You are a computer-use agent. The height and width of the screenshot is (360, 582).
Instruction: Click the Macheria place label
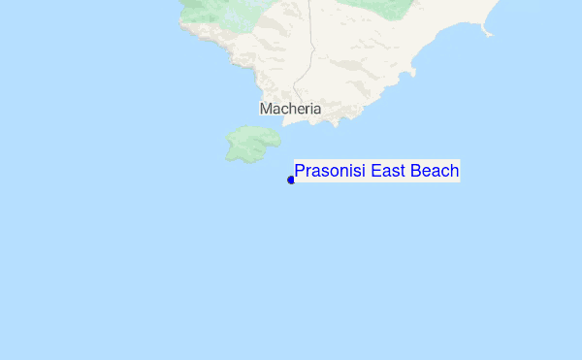290,109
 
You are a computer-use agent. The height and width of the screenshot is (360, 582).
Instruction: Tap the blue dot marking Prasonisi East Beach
291,180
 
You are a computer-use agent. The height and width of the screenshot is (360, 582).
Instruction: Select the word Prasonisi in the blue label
329,172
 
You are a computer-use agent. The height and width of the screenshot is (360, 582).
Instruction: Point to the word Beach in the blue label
435,172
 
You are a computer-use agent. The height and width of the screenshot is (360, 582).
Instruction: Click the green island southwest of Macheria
251,145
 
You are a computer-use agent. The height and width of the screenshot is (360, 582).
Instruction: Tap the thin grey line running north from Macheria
310,49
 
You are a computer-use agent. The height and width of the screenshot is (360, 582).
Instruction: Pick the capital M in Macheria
266,109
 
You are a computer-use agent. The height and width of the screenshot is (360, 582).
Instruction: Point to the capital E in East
375,172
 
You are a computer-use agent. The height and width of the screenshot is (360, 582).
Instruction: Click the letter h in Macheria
289,109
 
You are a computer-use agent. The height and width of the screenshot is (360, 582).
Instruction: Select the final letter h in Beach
454,172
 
